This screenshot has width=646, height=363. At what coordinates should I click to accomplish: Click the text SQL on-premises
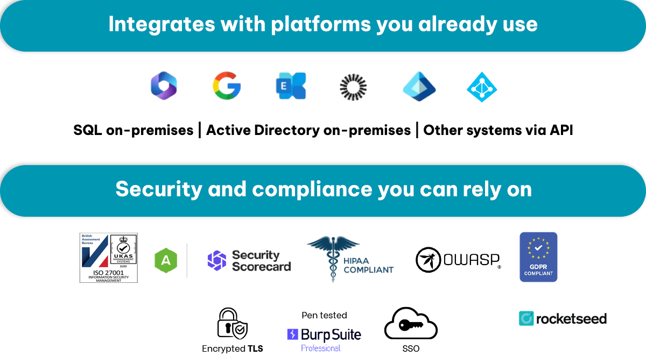[134, 130]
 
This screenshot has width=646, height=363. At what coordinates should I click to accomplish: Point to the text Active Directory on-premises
[308, 130]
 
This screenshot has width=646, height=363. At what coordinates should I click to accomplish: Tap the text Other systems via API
[498, 130]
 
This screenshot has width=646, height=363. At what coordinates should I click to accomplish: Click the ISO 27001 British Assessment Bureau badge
[109, 258]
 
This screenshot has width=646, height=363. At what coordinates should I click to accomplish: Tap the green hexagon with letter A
[166, 260]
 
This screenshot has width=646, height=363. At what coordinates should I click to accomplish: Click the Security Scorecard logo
[249, 260]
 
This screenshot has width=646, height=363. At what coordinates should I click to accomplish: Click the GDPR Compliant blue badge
[538, 257]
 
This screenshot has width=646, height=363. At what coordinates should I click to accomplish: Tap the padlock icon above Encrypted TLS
[232, 324]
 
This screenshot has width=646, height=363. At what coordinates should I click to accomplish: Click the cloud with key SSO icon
[411, 324]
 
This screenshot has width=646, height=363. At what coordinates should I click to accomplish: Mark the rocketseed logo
[563, 318]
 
